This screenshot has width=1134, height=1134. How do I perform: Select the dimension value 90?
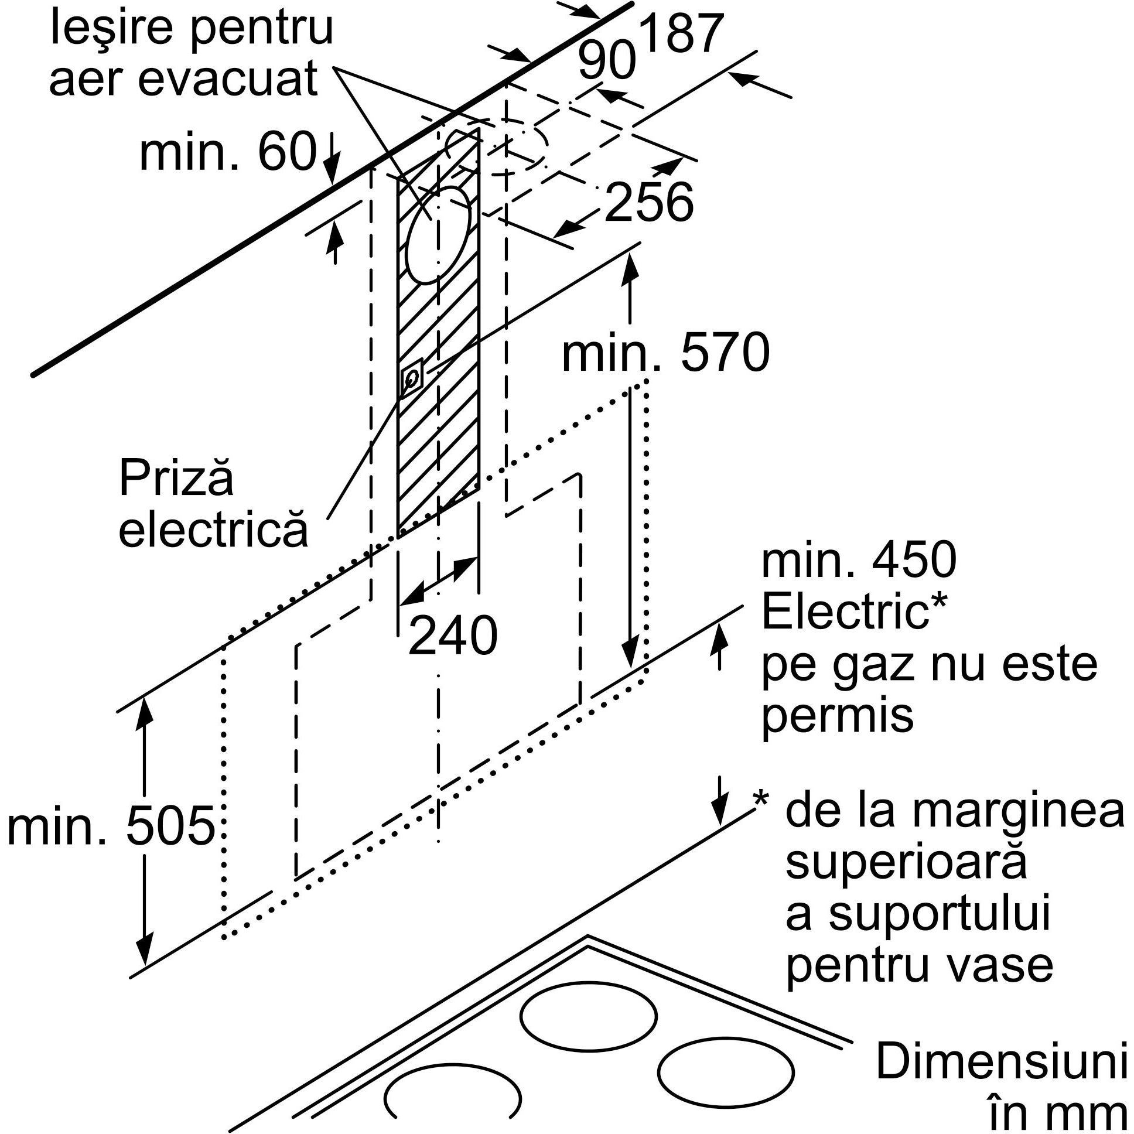(x=606, y=62)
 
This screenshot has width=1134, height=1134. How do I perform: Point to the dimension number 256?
(x=648, y=203)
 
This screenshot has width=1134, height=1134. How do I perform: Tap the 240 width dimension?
(x=453, y=636)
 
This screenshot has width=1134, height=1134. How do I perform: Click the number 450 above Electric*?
(x=913, y=561)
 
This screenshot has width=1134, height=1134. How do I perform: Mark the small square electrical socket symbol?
(x=411, y=377)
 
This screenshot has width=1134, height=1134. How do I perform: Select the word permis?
(x=837, y=716)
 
